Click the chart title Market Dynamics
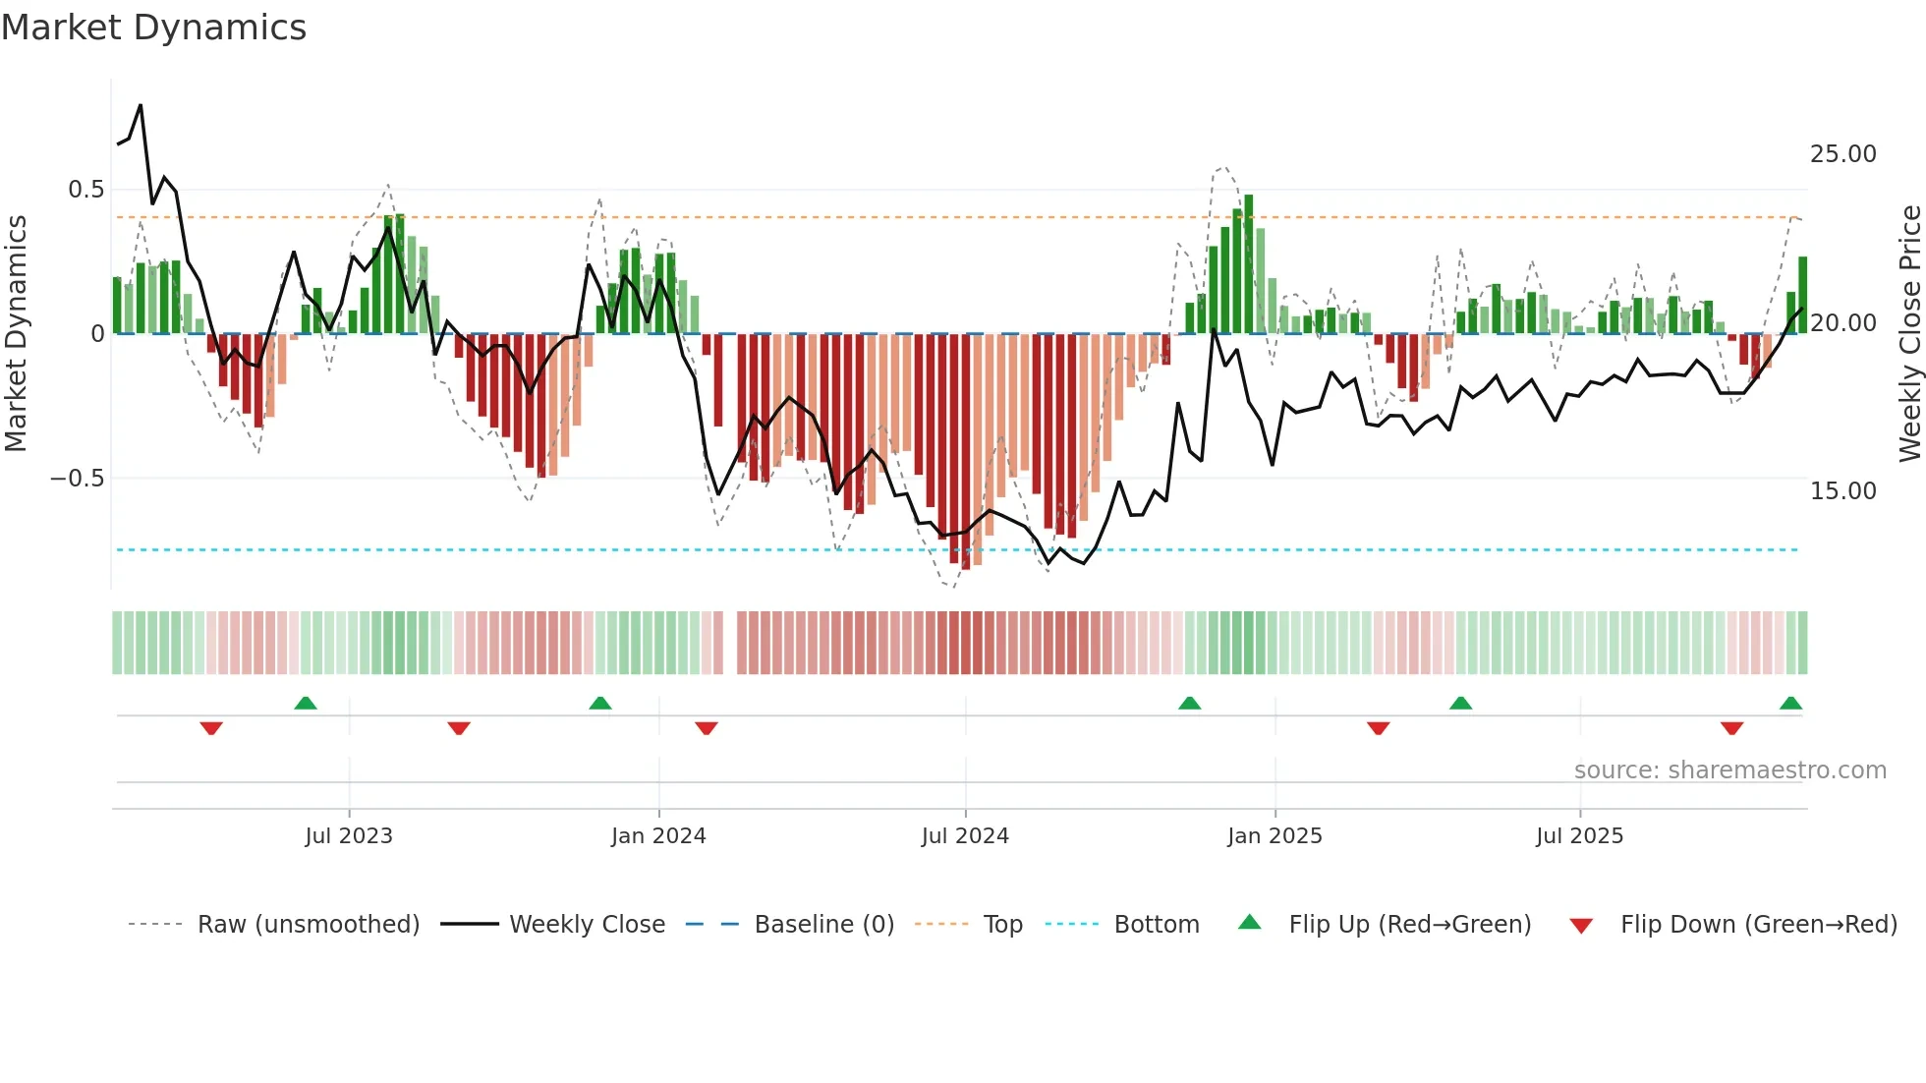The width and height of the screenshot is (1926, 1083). (154, 28)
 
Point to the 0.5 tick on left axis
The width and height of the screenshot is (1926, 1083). (85, 190)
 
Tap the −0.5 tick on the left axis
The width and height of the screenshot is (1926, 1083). (78, 479)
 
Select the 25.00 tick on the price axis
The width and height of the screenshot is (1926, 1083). (1842, 154)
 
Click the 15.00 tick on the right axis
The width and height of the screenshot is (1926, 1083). (1842, 491)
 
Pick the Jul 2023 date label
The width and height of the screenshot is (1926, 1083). (348, 836)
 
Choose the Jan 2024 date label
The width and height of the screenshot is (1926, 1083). (658, 836)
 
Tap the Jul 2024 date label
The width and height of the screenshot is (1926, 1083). (965, 836)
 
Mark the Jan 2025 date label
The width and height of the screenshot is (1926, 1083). (1275, 836)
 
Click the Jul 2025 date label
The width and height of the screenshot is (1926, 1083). (1579, 836)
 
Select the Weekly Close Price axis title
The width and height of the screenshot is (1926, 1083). (1909, 334)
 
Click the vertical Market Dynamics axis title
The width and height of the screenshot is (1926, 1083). (16, 334)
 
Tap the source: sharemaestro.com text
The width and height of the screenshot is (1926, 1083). (1729, 770)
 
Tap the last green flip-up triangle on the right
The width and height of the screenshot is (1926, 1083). (1790, 704)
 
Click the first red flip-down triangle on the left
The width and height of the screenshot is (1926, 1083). (211, 728)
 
